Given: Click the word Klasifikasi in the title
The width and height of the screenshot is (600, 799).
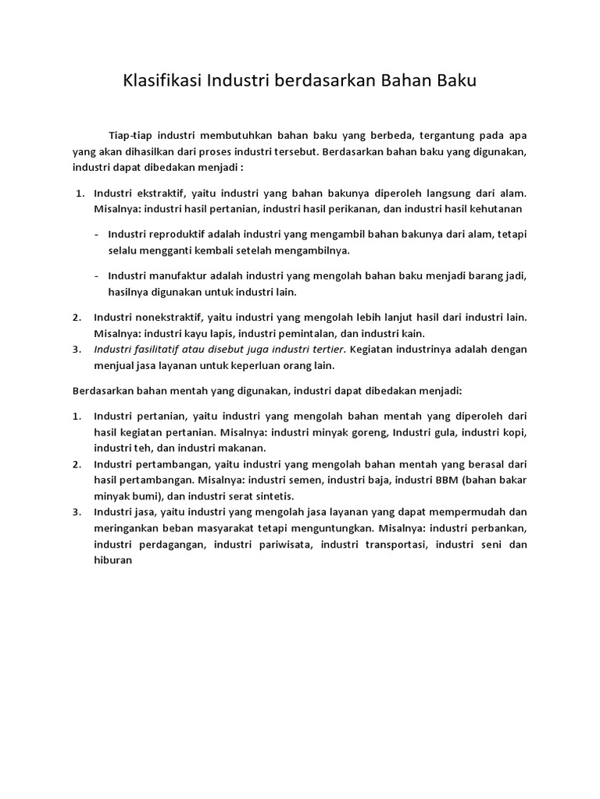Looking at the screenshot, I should [162, 81].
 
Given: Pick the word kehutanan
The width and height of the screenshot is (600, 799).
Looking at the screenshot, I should [494, 208].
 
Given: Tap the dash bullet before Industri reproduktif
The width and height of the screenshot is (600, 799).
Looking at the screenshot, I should [95, 234].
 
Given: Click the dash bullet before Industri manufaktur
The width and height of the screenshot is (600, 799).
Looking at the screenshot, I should [95, 275].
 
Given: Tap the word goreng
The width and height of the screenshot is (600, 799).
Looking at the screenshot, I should [365, 431].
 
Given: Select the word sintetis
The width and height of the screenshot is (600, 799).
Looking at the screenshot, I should [292, 495].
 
